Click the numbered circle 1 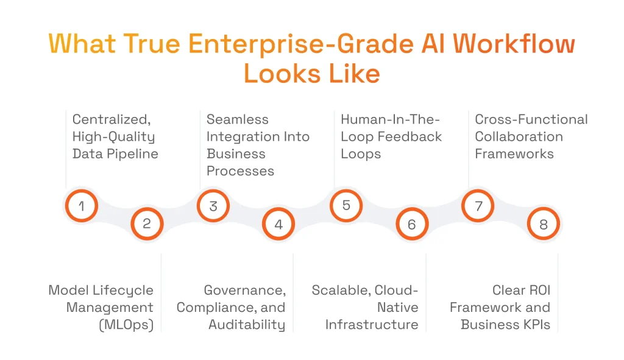coord(81,206)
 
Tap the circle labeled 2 coord(147,224)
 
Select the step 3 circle coord(213,206)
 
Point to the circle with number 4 coord(278,224)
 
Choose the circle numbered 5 coord(346,205)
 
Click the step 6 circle coord(412,224)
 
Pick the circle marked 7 coord(478,206)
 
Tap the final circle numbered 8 coord(544,224)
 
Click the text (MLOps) coord(126,325)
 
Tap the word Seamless coord(238,119)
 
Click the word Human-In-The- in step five coord(391,119)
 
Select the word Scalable coord(340,290)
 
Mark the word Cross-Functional coord(531,119)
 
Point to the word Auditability coord(247,325)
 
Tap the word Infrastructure coord(372,325)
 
